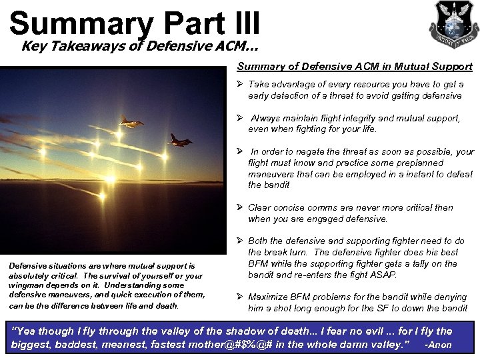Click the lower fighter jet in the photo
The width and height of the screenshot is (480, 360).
tap(179, 140)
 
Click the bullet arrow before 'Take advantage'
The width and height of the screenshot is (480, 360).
tap(240, 85)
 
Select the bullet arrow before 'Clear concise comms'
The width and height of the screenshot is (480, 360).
tap(240, 207)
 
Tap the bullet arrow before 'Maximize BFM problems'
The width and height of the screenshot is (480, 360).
tap(240, 297)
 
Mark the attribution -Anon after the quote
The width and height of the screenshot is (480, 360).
tap(439, 346)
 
